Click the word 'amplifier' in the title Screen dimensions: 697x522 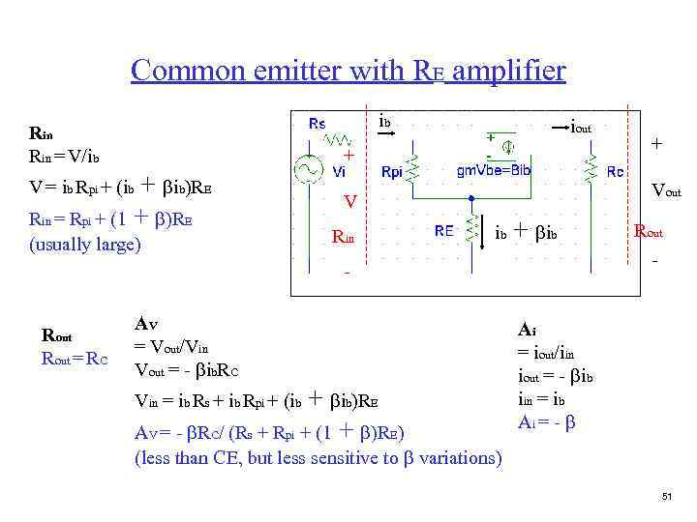coord(508,71)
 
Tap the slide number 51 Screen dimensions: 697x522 coord(666,497)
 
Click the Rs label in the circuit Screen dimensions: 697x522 coord(317,123)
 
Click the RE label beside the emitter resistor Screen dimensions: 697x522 coord(443,231)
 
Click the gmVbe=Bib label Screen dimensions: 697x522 coord(493,170)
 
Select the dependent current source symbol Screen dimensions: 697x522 coord(507,148)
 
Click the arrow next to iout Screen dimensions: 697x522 coord(556,127)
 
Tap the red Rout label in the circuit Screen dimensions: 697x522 coord(649,231)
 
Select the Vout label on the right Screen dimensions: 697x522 coord(666,190)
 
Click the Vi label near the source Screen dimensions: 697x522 coord(339,171)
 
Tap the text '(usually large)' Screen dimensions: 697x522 coord(86,244)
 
